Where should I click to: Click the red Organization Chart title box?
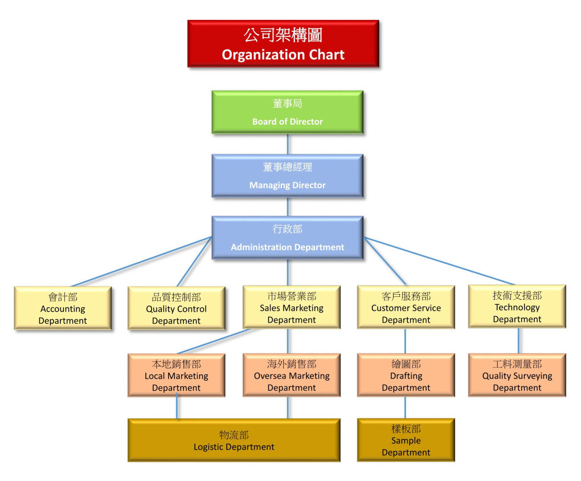point(283,43)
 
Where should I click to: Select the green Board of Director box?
point(287,112)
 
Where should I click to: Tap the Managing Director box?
point(287,176)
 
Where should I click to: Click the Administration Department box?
point(287,238)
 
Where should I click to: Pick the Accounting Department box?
point(63,308)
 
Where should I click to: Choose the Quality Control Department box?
point(176,308)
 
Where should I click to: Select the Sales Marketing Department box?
point(291,307)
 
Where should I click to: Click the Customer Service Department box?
point(406,307)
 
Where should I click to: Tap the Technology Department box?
point(517,307)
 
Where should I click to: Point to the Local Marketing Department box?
point(176,375)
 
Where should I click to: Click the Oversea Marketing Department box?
point(291,375)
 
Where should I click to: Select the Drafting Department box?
point(406,375)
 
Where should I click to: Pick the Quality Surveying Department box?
point(517,375)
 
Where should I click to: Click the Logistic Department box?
point(234,440)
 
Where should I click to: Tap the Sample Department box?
point(406,440)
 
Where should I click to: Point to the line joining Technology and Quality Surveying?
point(518,340)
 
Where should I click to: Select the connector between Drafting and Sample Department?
point(405,407)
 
